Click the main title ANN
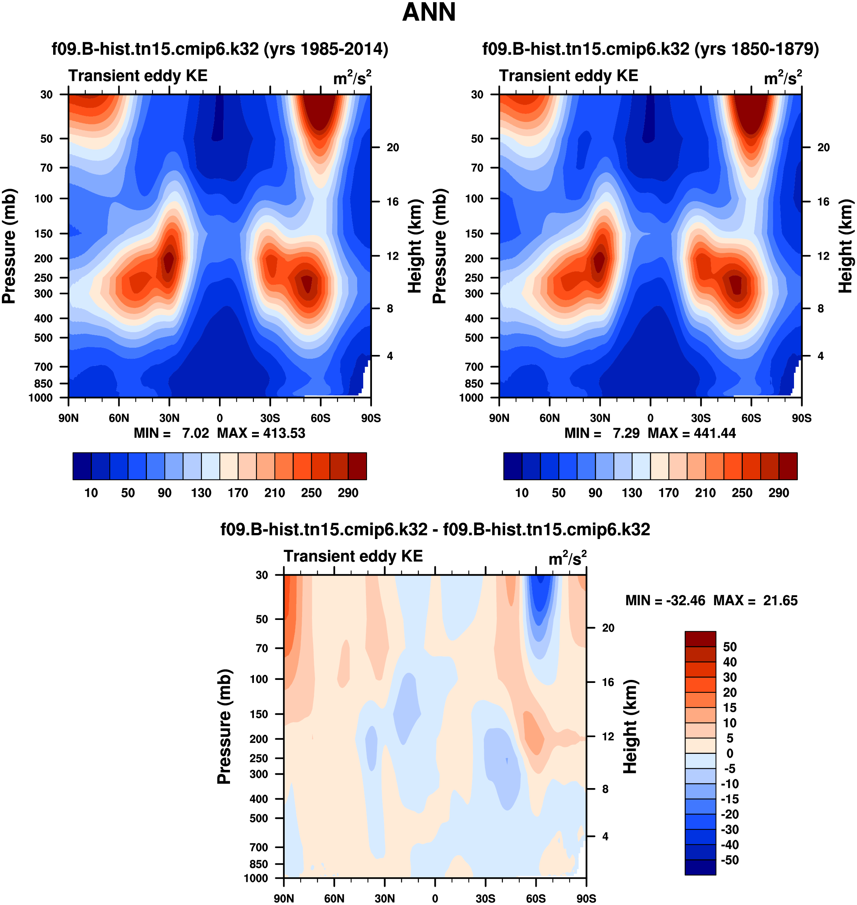[428, 12]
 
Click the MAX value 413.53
[284, 433]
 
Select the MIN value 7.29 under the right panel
[626, 433]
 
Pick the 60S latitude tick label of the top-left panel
[320, 418]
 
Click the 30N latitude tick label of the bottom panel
[384, 898]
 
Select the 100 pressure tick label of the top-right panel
[474, 199]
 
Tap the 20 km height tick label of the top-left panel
[393, 148]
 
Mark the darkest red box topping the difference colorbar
[700, 639]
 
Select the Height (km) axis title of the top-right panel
[846, 246]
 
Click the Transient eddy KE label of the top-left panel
[138, 76]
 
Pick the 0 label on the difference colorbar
[729, 753]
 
